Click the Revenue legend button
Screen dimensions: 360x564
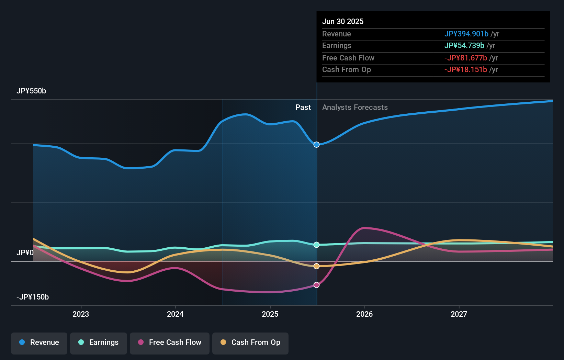pos(39,342)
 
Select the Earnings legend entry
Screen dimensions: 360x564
pos(99,342)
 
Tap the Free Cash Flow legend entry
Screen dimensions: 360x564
pos(170,342)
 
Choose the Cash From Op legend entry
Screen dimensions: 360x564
pos(250,342)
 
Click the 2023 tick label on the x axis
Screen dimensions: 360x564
pos(81,314)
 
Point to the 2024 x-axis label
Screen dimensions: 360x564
pos(175,314)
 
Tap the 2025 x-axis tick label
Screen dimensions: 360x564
pos(270,314)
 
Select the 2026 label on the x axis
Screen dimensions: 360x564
pos(364,314)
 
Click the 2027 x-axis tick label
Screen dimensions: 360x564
pos(459,314)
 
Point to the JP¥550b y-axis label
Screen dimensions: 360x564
pos(31,91)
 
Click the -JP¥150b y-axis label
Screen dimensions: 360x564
pos(33,297)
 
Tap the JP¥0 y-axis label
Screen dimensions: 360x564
pos(25,253)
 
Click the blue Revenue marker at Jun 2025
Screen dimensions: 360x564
pos(317,145)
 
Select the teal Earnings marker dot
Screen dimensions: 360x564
pos(317,245)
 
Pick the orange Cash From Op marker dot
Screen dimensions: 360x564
pos(317,266)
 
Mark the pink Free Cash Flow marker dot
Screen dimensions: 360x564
pos(317,285)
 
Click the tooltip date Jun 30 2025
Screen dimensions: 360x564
pos(343,22)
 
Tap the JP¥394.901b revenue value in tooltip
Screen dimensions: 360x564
pos(466,34)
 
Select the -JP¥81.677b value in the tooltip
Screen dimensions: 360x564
pos(465,58)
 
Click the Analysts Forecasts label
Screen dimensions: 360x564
pos(355,108)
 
